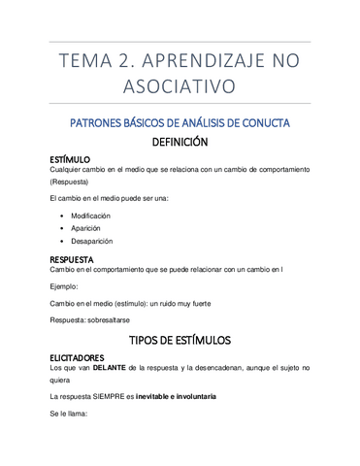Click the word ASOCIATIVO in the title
coord(180,86)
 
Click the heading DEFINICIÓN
coord(180,142)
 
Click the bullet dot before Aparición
coord(61,228)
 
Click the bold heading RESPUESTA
coord(72,259)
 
